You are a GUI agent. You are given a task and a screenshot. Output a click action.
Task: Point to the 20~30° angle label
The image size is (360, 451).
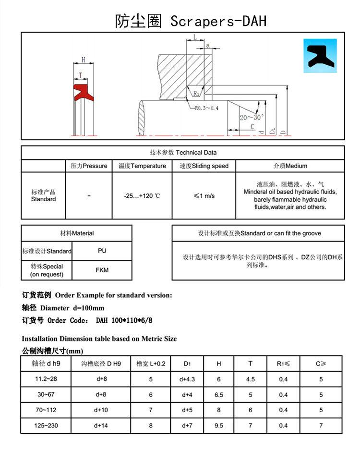[252, 117]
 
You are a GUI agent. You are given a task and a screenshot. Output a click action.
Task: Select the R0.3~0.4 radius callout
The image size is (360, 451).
[207, 108]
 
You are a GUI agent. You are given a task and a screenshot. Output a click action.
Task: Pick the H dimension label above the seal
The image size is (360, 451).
[83, 60]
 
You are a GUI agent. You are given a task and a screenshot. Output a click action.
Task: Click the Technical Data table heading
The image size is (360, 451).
[183, 153]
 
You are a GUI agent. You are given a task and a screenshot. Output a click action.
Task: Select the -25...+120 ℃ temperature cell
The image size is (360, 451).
[142, 196]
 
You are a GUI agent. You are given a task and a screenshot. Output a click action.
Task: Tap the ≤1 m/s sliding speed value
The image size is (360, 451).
[204, 196]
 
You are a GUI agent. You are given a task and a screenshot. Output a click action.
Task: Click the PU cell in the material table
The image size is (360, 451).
[102, 251]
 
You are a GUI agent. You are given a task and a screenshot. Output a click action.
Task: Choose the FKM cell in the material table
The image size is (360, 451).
[102, 270]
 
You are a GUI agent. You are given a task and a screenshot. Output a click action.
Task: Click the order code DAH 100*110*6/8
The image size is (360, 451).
[114, 320]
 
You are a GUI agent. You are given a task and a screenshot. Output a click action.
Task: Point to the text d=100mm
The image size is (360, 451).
[88, 308]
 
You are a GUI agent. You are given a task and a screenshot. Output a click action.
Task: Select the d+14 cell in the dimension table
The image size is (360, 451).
[101, 426]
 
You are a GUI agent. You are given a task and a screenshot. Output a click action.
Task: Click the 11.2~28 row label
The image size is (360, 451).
[46, 379]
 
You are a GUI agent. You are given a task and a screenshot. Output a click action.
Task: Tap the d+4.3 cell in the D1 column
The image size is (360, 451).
[187, 379]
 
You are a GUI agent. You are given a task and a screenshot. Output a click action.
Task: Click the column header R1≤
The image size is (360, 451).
[283, 364]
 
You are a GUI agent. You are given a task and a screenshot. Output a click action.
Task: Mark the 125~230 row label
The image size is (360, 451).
[46, 426]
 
